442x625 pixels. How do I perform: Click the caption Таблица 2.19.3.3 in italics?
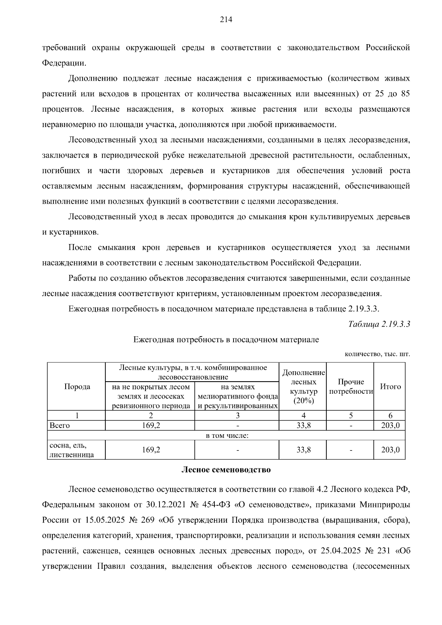point(379,324)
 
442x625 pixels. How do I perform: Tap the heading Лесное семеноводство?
point(226,470)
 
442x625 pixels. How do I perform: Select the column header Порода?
point(77,386)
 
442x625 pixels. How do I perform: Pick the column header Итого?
point(390,386)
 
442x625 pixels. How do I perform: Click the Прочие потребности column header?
point(351,386)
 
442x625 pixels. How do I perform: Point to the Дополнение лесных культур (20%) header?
point(303,386)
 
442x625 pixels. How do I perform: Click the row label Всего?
point(60,425)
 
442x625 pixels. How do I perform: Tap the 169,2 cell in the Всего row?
point(151,425)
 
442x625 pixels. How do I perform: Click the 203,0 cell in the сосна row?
point(390,450)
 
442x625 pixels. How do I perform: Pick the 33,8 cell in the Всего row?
point(303,425)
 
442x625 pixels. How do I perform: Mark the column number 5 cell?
point(351,415)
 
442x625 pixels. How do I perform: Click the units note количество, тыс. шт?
point(377,354)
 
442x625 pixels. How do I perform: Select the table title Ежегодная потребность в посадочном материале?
point(226,340)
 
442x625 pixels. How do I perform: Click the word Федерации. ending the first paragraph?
point(64,63)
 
